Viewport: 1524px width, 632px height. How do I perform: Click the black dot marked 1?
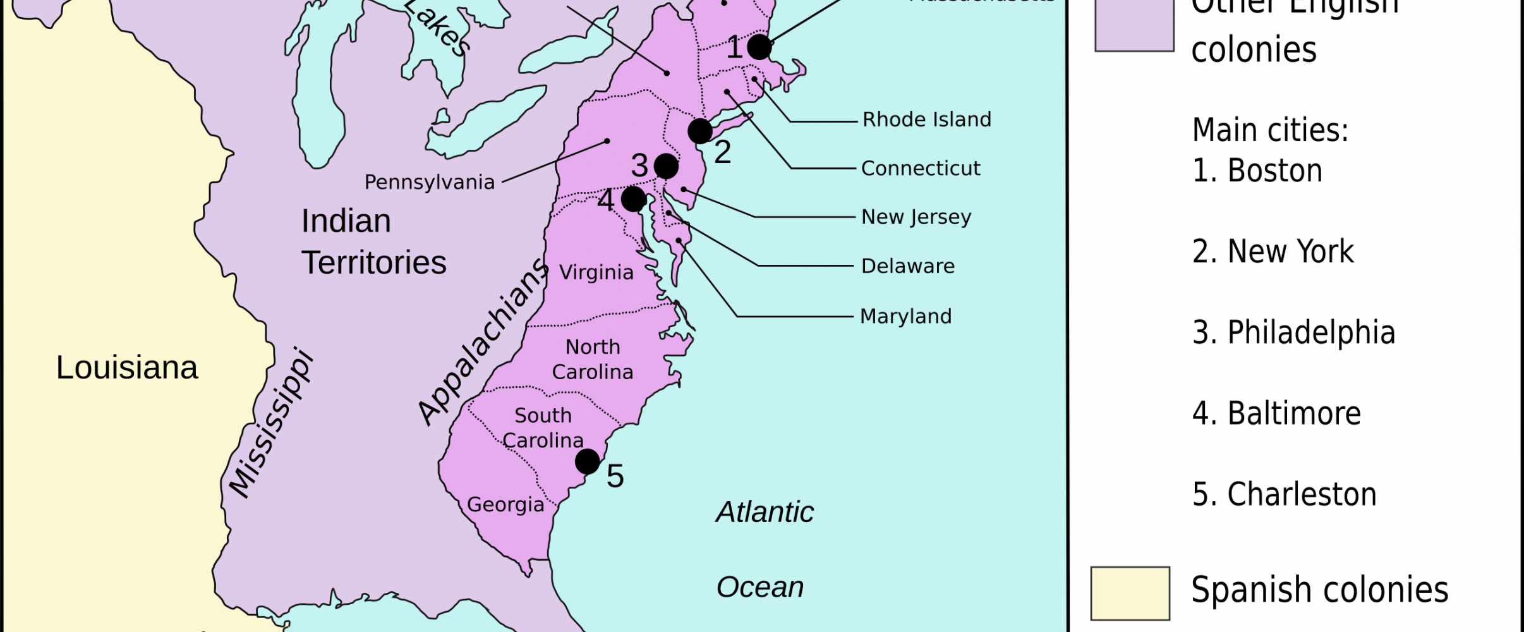[x=759, y=47]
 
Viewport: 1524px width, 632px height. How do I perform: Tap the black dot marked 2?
[x=700, y=131]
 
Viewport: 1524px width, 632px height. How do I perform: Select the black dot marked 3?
[x=666, y=166]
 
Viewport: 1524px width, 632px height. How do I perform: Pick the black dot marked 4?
[x=634, y=199]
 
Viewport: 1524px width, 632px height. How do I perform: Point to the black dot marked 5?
[x=588, y=461]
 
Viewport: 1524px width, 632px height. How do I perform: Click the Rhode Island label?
[x=927, y=119]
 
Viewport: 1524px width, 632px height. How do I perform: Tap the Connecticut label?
[x=921, y=168]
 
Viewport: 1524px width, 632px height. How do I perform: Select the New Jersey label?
[x=916, y=217]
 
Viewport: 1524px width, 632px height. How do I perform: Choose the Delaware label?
[x=908, y=266]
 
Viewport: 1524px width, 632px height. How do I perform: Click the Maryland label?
[x=905, y=316]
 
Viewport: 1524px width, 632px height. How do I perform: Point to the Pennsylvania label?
[x=430, y=182]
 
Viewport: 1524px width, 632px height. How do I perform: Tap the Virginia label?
[x=596, y=272]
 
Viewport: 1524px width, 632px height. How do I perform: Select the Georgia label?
[x=505, y=504]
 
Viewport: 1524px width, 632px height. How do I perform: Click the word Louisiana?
[x=127, y=368]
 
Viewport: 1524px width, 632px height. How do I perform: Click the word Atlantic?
[x=765, y=512]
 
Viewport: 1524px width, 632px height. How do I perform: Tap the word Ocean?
[x=760, y=587]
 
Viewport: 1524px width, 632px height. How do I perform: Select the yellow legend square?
[x=1130, y=593]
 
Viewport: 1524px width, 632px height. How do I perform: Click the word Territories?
[x=374, y=263]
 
